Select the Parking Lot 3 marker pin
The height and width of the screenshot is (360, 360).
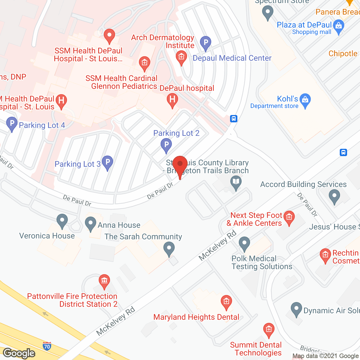[107, 163]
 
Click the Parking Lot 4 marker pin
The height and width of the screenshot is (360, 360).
[12, 124]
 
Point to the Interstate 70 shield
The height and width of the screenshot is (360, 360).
[47, 346]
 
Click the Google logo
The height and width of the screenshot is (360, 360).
[19, 353]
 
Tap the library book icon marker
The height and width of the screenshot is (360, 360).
[236, 182]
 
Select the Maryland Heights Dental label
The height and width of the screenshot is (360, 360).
[196, 317]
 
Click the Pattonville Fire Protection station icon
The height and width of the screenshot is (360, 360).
[104, 281]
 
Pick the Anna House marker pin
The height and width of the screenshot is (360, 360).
[91, 224]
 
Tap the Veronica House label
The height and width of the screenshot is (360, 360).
[47, 236]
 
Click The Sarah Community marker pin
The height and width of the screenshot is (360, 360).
[169, 249]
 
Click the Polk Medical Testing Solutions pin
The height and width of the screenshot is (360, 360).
[244, 243]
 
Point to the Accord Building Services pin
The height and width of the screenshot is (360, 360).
[334, 196]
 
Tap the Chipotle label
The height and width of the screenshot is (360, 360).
[343, 53]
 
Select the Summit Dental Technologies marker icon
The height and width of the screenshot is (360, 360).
[269, 330]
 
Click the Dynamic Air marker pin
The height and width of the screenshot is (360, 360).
[296, 309]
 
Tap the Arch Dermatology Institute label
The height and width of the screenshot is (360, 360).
[163, 41]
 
